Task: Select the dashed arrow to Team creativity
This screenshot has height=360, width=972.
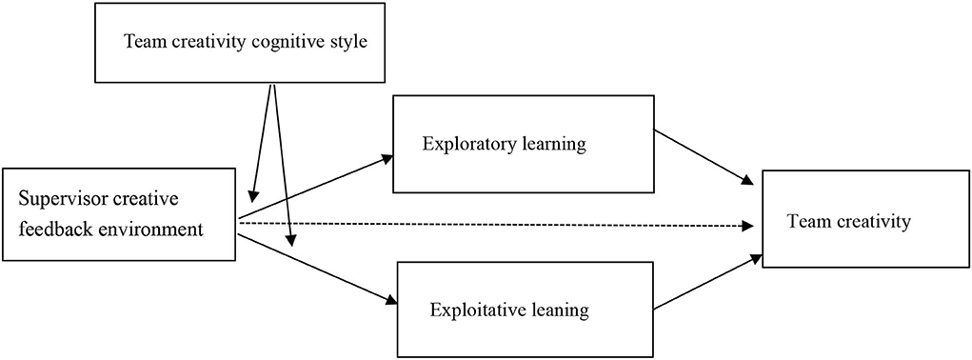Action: (x=495, y=225)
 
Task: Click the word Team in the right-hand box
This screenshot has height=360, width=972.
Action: (x=805, y=222)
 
